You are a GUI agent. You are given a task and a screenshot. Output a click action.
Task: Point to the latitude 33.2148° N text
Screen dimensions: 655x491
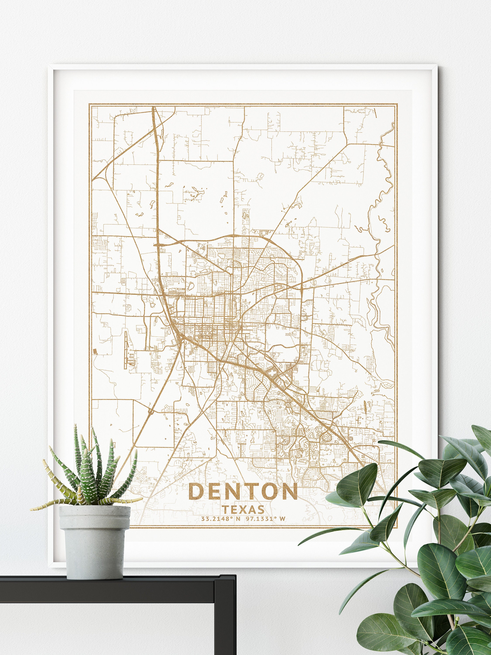220,519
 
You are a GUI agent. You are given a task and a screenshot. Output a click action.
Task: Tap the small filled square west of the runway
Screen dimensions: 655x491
95,351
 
